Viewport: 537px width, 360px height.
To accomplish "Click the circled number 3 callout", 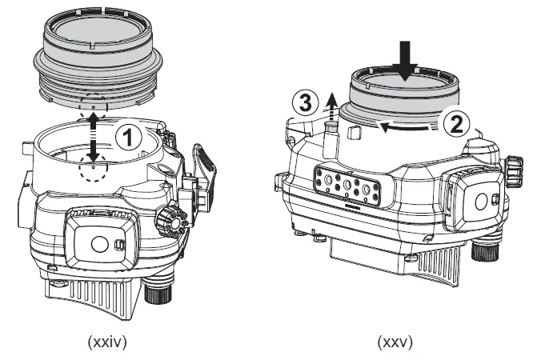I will (301, 103).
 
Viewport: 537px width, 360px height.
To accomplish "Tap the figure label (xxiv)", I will (106, 342).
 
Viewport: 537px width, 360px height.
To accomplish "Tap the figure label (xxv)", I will (395, 342).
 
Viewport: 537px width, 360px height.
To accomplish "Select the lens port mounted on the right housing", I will (404, 100).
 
